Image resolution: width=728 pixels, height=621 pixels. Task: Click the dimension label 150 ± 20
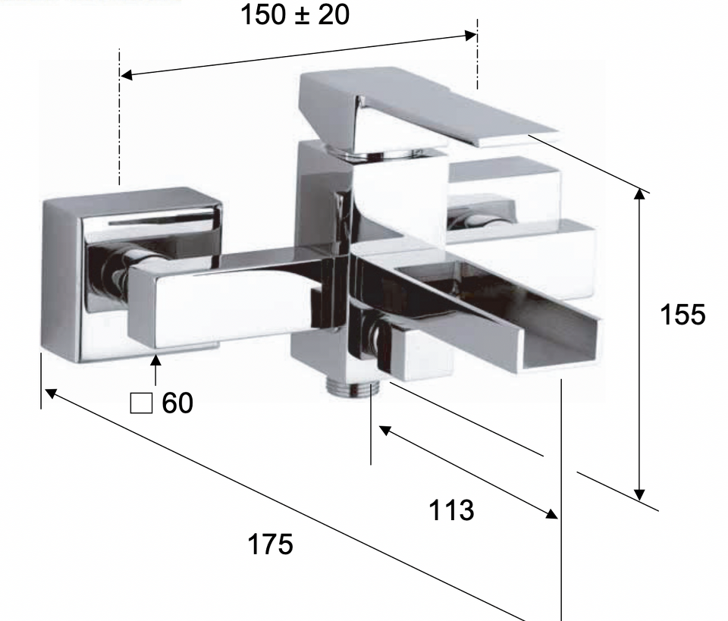point(295,14)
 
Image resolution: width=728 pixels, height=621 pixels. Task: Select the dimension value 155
point(682,314)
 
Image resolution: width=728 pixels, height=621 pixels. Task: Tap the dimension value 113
point(451,510)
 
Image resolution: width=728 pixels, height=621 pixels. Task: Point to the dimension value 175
point(270,544)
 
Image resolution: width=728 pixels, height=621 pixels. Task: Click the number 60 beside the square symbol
point(177,403)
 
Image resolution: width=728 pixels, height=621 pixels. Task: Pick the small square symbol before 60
point(141,403)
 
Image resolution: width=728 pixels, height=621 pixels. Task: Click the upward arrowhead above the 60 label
point(155,359)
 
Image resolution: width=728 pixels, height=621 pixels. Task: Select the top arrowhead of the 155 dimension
point(640,194)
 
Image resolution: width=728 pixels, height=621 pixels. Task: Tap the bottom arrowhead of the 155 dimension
point(640,495)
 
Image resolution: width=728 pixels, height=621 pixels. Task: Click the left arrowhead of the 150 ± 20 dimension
point(127,74)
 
